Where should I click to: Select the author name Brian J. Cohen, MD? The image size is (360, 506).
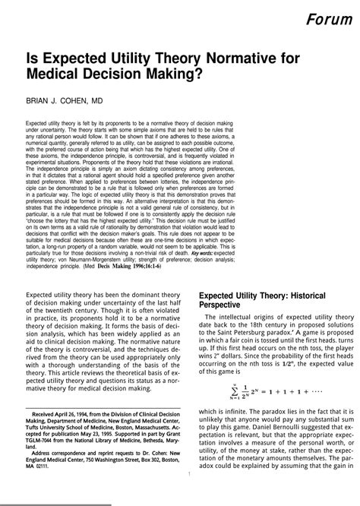[x=65, y=99]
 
